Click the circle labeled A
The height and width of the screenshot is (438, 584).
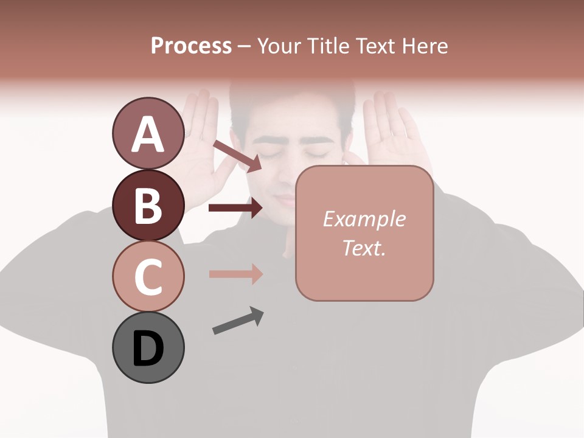coord(148,134)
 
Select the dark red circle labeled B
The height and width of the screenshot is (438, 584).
coord(148,205)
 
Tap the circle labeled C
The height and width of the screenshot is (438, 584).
coord(148,276)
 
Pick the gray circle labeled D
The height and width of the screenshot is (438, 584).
coord(148,347)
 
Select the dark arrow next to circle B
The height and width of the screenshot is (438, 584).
coord(235,208)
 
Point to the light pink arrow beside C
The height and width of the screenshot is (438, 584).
coord(235,274)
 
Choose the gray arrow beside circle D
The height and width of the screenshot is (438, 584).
coord(238,321)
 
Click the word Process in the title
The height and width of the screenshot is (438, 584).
coord(191,46)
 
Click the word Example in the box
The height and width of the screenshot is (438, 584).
coord(364,219)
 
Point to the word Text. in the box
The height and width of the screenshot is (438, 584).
coord(364,248)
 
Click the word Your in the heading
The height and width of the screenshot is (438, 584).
coord(278,46)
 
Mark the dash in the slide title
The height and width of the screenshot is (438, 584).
coord(244,46)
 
